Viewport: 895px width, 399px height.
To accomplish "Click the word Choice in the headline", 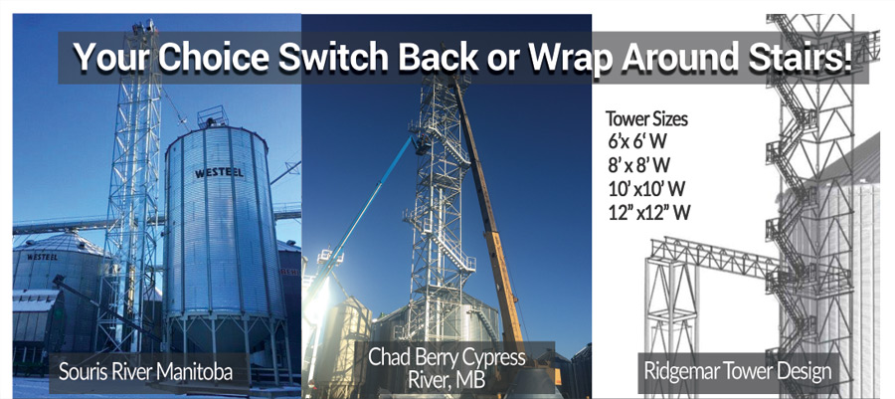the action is (x=214, y=57).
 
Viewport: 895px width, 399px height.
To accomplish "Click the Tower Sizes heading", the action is (x=646, y=119).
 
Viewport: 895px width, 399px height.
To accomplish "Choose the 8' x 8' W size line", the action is (x=639, y=165).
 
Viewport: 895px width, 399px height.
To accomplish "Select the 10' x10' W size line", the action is (x=646, y=188).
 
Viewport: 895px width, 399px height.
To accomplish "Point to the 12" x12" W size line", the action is (x=649, y=212).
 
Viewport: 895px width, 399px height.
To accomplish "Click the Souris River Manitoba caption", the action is (x=145, y=372).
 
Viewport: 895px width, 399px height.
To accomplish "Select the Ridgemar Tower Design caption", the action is (x=738, y=371).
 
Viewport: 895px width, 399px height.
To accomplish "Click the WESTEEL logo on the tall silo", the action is (x=220, y=171).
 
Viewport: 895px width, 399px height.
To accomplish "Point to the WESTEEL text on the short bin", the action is (x=42, y=257).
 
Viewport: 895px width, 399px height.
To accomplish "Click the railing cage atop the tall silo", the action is (x=213, y=116).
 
